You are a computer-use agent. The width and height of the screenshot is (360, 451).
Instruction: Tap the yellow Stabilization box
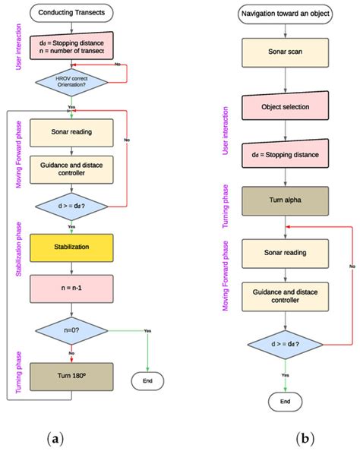point(71,247)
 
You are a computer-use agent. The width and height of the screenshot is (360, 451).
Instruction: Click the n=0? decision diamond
point(71,331)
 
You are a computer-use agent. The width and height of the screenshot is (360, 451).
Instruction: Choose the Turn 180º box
point(71,377)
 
